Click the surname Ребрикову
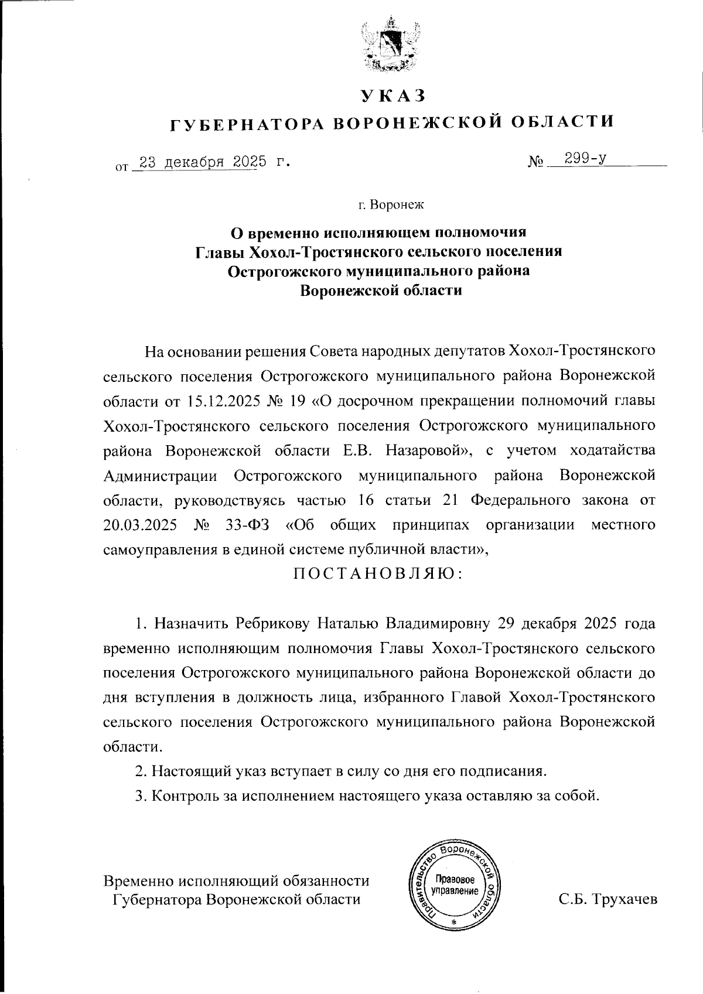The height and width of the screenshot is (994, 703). tap(272, 623)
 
